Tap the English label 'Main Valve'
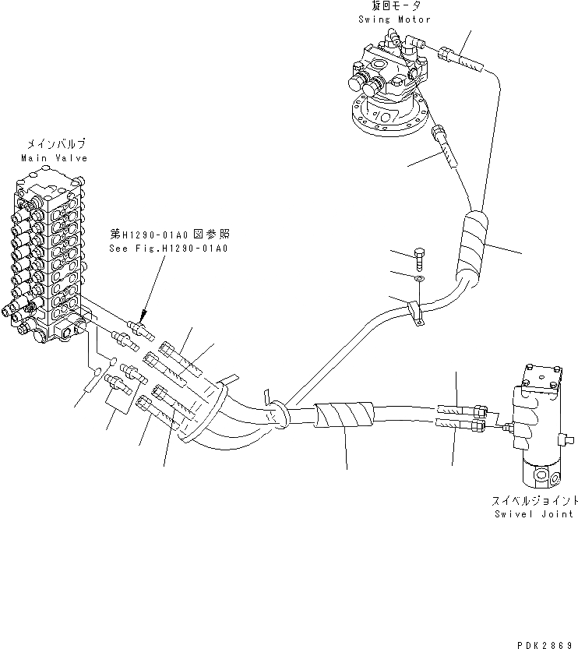point(54,157)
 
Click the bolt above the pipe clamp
point(419,256)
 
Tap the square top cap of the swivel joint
point(544,376)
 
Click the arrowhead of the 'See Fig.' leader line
point(142,313)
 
